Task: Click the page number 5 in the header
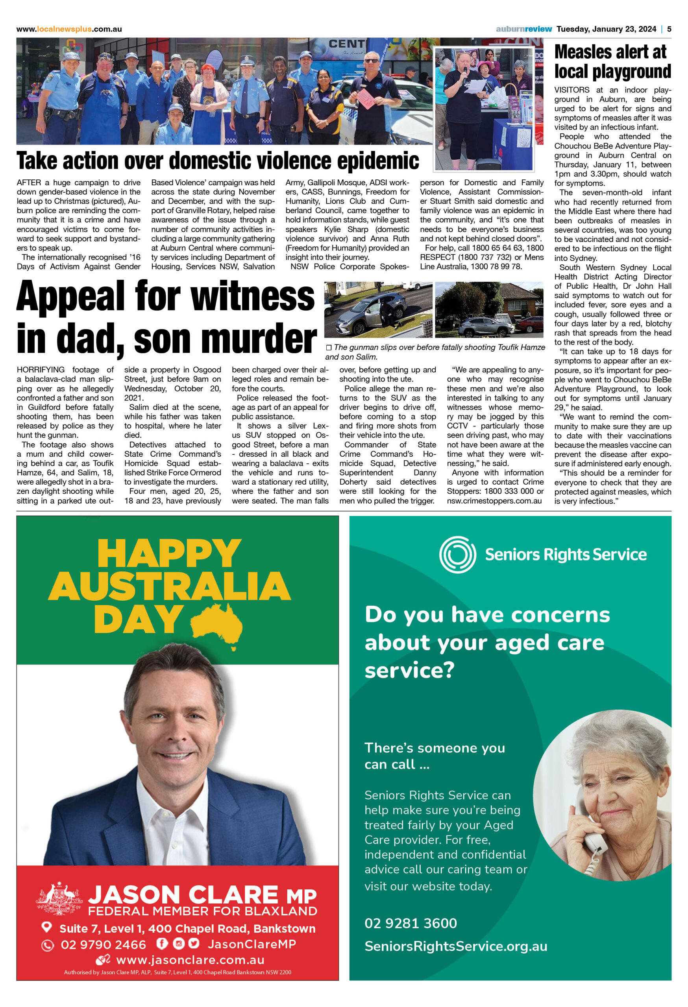(669, 29)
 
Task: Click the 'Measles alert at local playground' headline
(612, 61)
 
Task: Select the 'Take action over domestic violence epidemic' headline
(218, 161)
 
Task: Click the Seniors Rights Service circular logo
(457, 555)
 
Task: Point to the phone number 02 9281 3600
(410, 923)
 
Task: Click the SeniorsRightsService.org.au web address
(455, 946)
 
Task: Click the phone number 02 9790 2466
(103, 944)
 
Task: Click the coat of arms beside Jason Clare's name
(59, 897)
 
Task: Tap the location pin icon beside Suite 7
(46, 927)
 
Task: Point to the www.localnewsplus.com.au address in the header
(69, 29)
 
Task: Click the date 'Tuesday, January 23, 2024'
(606, 29)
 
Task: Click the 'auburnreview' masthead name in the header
(524, 29)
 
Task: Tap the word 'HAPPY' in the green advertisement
(169, 554)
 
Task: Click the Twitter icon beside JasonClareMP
(194, 943)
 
